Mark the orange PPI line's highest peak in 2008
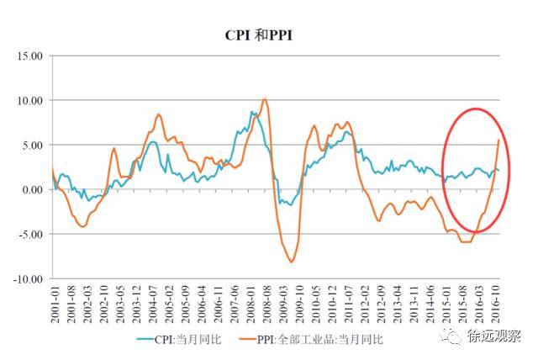[265, 99]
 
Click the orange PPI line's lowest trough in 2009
[292, 262]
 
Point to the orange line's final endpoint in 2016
[498, 140]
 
